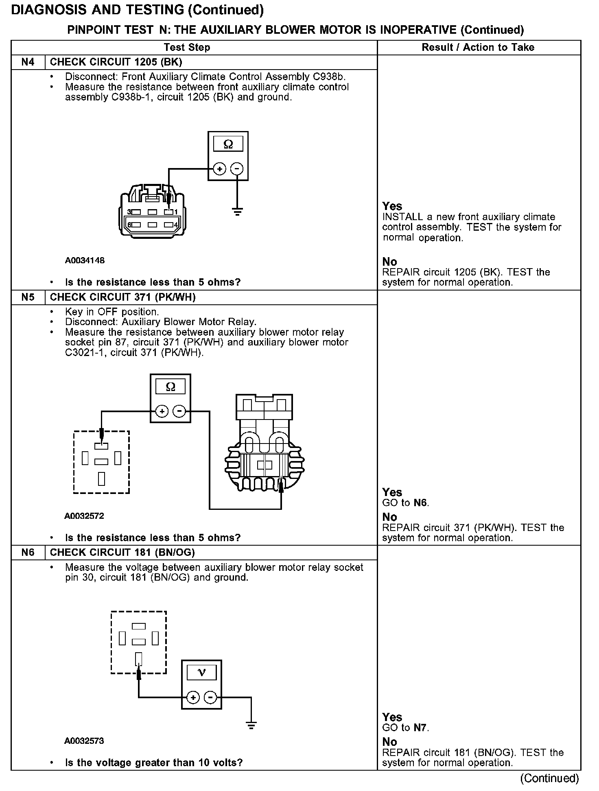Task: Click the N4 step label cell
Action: click(x=28, y=62)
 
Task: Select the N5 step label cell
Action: click(x=28, y=297)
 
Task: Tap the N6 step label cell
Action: click(x=28, y=552)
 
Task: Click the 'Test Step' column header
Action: click(x=187, y=47)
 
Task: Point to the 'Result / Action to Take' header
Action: click(x=478, y=47)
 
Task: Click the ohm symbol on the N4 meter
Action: click(x=228, y=144)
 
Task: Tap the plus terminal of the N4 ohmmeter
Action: click(x=219, y=168)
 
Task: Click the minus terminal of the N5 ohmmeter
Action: click(x=179, y=411)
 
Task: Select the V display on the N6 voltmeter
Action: click(x=201, y=672)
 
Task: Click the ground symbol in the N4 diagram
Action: click(x=237, y=211)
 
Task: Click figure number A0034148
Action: click(x=85, y=260)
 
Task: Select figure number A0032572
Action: click(x=84, y=516)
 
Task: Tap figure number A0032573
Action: click(x=84, y=741)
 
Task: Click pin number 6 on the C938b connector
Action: click(x=129, y=225)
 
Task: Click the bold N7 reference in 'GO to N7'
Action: click(x=421, y=728)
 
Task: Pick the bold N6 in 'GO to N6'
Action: click(x=421, y=503)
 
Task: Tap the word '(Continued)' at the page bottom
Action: click(x=549, y=778)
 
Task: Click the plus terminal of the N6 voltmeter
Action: click(x=193, y=698)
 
